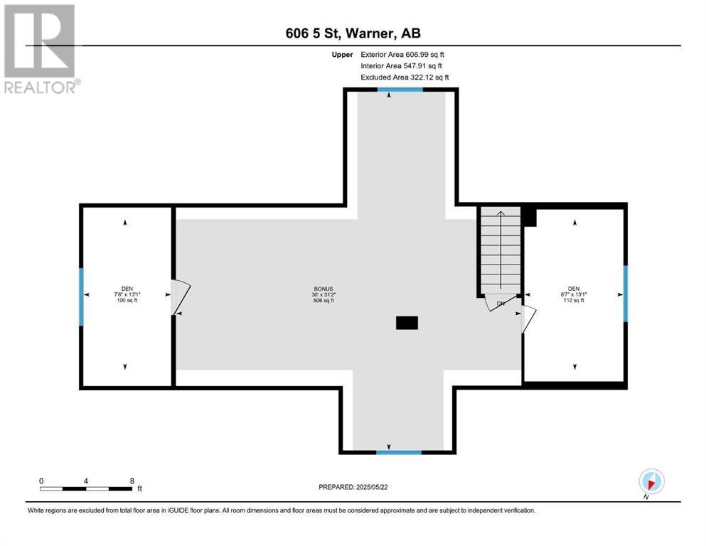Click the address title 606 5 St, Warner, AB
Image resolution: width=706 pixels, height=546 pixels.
[353, 33]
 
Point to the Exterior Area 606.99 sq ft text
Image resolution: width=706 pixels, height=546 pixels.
[402, 55]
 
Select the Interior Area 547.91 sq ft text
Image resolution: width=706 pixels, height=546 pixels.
[401, 65]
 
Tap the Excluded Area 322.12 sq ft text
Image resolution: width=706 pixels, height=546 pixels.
[405, 77]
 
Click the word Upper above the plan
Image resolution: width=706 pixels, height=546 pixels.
[342, 55]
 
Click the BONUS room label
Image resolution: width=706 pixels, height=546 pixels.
[323, 294]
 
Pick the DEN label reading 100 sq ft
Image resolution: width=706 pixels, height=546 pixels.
[127, 294]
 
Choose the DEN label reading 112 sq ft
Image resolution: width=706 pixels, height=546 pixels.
[574, 294]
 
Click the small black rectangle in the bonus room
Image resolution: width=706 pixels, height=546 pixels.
[407, 323]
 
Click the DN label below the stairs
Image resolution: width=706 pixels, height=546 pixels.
[501, 304]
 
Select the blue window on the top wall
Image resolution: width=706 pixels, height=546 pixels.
[400, 89]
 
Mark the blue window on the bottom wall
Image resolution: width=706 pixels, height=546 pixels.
[399, 452]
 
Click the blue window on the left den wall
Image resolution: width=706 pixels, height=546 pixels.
[82, 296]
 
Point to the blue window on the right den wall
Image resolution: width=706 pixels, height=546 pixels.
[626, 294]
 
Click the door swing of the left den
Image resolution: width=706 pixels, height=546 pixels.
[181, 296]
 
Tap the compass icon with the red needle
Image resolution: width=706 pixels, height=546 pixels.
[651, 481]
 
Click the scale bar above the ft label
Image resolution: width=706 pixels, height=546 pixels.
[85, 488]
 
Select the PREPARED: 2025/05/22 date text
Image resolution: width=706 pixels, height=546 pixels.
[353, 487]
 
